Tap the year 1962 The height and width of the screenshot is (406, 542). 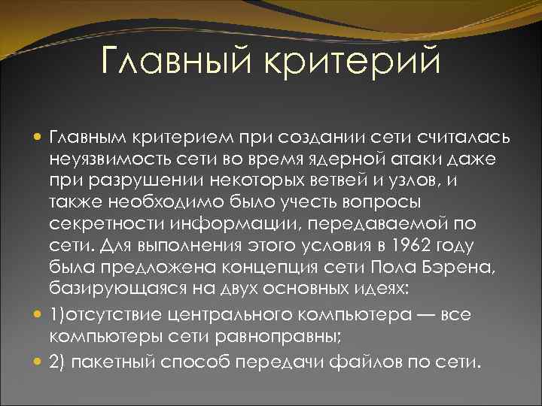click(x=393, y=246)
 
